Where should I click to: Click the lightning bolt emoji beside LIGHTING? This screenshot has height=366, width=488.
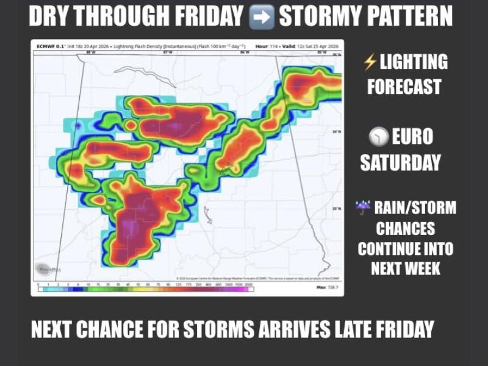click(x=370, y=62)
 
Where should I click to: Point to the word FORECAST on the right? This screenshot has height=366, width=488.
click(x=404, y=87)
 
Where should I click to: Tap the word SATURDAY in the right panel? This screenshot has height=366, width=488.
click(x=400, y=162)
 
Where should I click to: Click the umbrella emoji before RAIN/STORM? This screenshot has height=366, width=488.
click(x=363, y=208)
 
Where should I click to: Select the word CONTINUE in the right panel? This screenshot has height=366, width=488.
click(x=406, y=249)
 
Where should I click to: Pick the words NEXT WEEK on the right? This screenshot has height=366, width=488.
click(x=406, y=269)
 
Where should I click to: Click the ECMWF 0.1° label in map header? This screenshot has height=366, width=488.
click(x=48, y=46)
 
